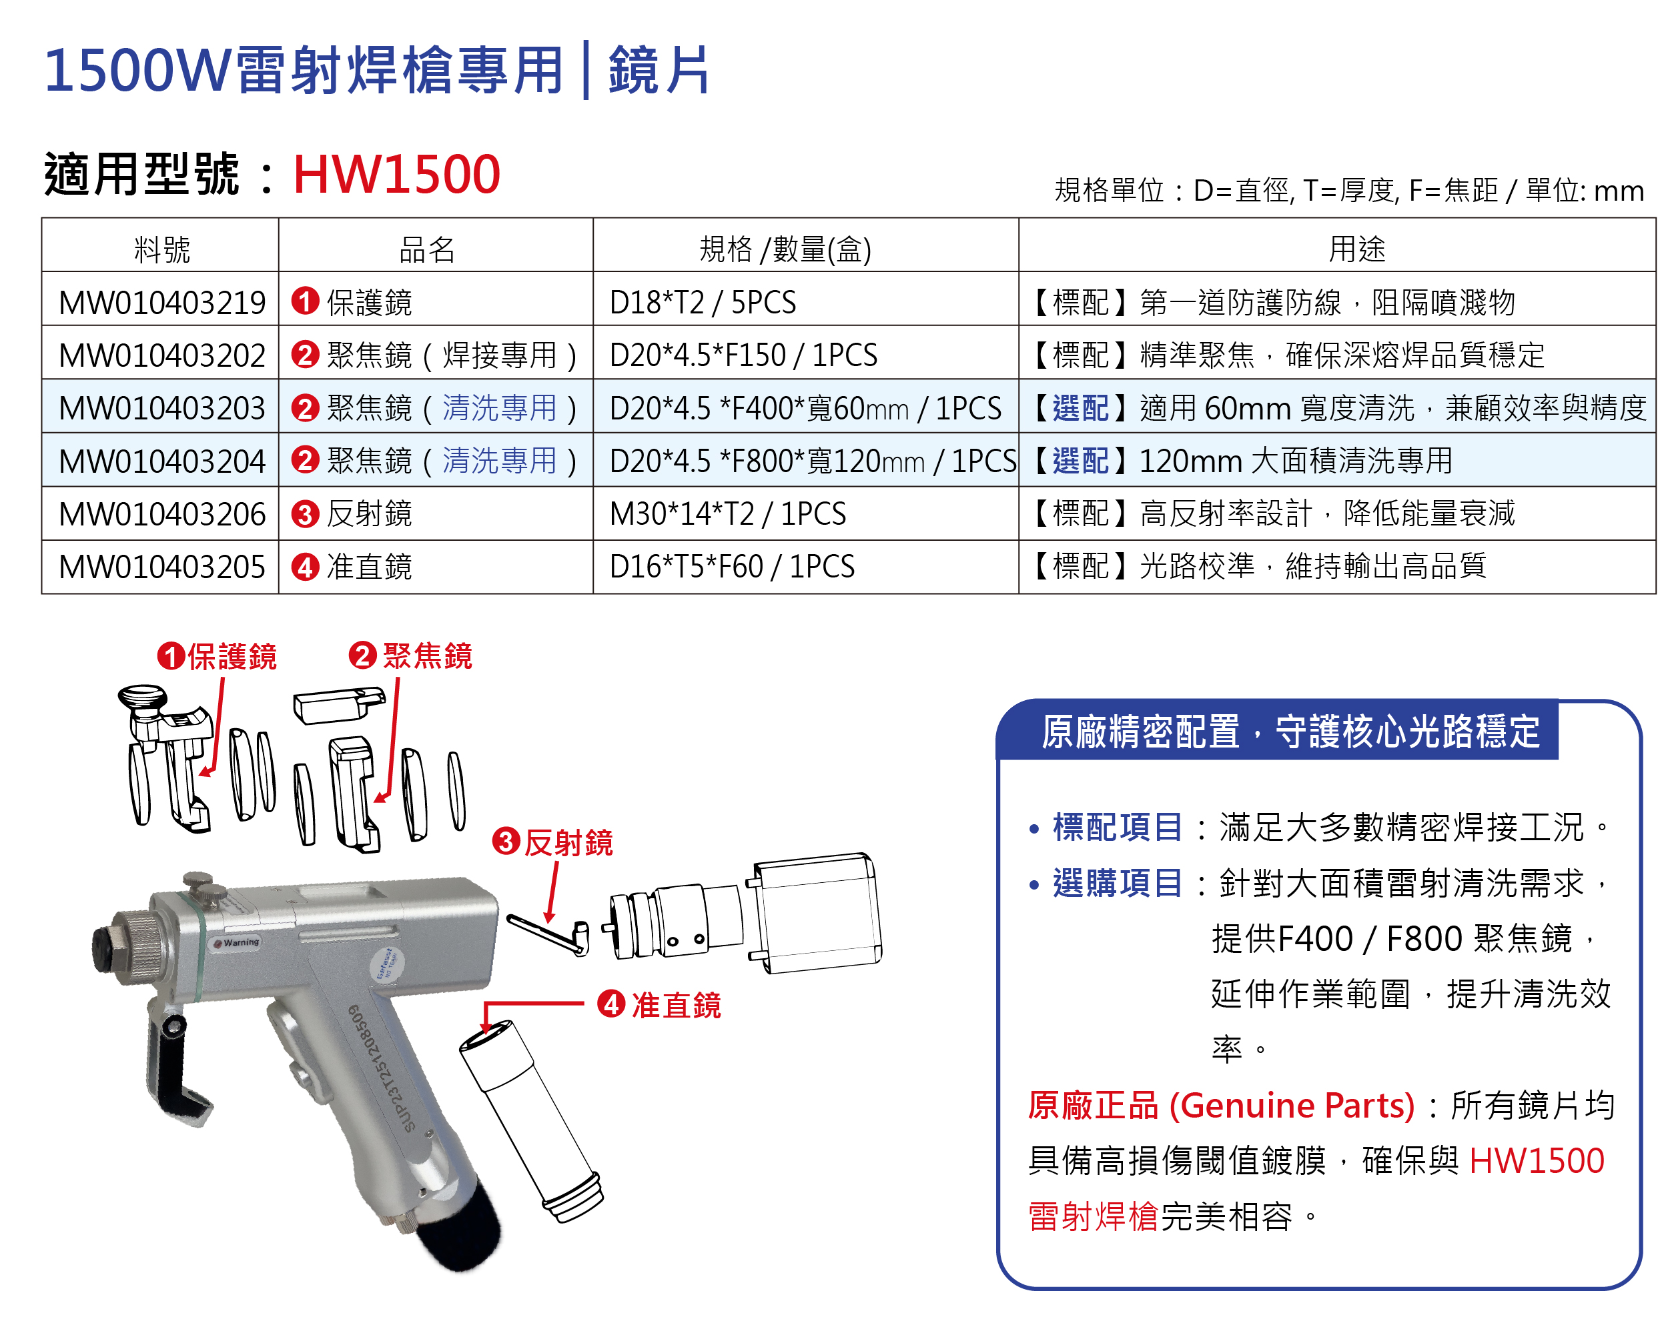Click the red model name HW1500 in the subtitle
[x=396, y=174]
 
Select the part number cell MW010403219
[x=161, y=302]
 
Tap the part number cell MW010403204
[x=161, y=461]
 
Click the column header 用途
[x=1356, y=249]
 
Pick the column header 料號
[x=161, y=249]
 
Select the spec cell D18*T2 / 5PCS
[x=702, y=302]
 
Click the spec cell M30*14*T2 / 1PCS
[x=727, y=514]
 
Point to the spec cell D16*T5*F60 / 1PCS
[x=731, y=567]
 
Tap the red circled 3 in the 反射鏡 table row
[x=305, y=514]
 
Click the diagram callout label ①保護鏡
[x=218, y=656]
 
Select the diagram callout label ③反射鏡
[x=553, y=842]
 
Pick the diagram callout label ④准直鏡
[x=659, y=1005]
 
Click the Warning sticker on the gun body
[x=238, y=942]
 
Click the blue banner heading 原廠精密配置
[x=1290, y=732]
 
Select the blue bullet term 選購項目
[x=1117, y=883]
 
